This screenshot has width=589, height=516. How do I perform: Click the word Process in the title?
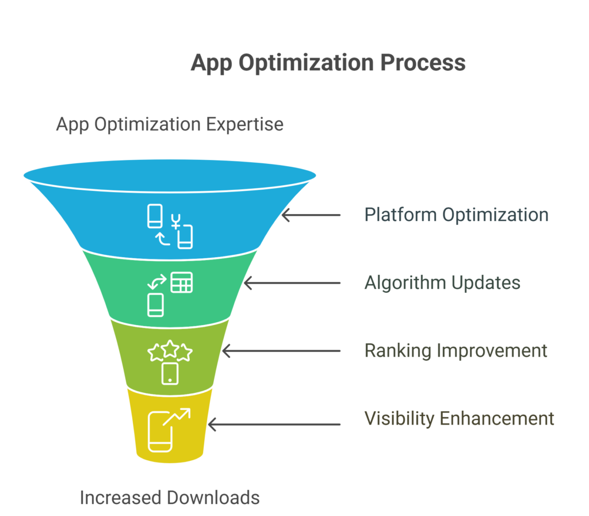coord(423,62)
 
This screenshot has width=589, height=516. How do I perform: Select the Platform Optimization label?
coord(456,215)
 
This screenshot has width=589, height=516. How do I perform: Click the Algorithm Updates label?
coord(442,283)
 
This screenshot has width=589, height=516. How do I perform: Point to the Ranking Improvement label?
coord(456,351)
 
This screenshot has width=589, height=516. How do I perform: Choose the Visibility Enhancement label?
coord(459,418)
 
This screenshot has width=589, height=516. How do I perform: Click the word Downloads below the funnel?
coord(213,498)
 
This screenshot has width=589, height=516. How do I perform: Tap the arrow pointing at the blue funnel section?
coord(311,215)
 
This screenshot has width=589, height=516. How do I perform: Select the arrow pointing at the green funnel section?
coord(292,283)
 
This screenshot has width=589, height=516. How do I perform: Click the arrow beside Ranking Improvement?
coord(281,351)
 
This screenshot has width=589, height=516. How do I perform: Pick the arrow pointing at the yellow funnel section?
coord(274,425)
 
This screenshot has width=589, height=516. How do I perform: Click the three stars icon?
coord(170,351)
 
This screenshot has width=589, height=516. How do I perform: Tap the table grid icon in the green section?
coord(182,282)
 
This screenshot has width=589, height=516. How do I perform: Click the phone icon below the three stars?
coord(170,374)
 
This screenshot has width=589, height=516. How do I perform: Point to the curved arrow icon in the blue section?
coord(163,239)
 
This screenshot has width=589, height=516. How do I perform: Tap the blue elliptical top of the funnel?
coord(170,175)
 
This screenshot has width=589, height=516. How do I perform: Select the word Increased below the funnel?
coord(121,498)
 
